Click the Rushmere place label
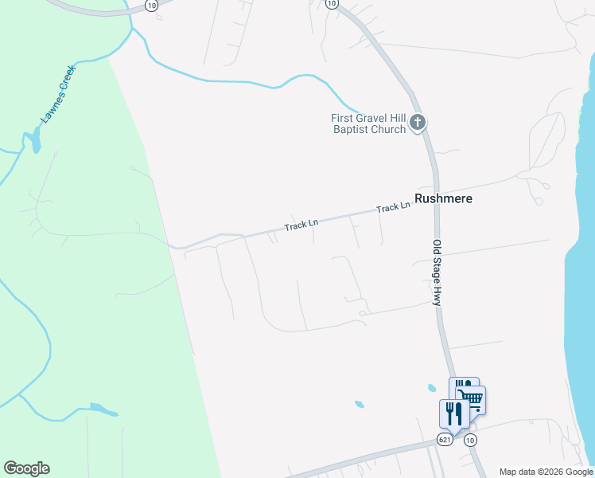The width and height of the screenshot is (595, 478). coord(444,198)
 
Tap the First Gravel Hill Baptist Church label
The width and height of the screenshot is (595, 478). coord(368,123)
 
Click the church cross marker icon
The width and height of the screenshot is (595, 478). coord(418,123)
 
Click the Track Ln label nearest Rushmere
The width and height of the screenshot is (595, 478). coord(393,207)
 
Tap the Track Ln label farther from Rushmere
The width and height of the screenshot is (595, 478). coord(301,226)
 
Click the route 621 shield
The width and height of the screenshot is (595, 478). coord(445,440)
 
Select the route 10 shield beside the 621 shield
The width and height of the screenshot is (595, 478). coord(470,440)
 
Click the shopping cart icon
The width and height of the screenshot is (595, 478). coord(472,398)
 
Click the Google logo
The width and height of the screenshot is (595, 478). coord(26,468)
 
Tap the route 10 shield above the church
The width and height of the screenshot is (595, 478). coord(332,4)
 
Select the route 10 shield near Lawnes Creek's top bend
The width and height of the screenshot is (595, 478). coord(151,5)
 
